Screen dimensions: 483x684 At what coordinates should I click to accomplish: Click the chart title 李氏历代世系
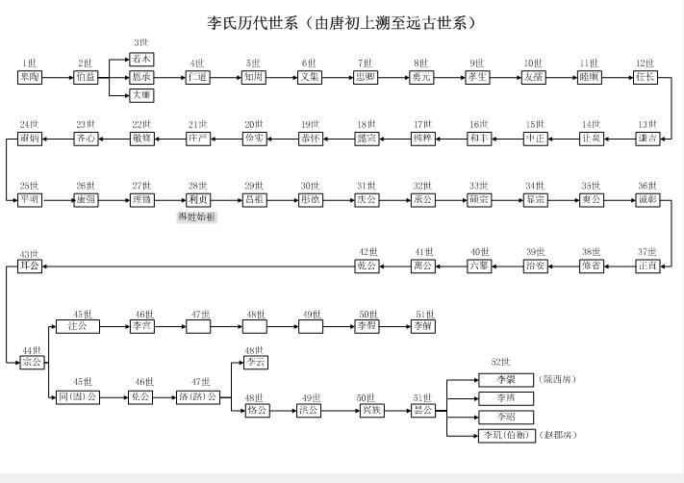[342, 22]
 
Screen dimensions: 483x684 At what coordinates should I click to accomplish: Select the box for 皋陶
[30, 76]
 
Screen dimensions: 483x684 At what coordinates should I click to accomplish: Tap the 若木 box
[141, 59]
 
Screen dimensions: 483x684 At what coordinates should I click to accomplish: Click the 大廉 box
[141, 94]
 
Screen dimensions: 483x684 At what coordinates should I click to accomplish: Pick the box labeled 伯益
[86, 76]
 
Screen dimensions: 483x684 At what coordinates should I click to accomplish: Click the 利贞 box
[198, 199]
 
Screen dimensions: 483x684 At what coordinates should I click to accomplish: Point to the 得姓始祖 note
[197, 217]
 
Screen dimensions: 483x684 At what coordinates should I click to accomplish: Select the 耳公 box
[30, 266]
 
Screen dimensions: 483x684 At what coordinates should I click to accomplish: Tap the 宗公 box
[31, 362]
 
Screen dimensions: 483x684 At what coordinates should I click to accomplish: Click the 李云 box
[255, 363]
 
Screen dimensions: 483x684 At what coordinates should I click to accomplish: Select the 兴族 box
[367, 410]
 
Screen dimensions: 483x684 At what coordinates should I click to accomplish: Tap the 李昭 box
[505, 417]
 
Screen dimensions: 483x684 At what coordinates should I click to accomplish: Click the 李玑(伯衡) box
[505, 436]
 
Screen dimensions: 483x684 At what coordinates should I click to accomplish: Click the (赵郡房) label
[558, 436]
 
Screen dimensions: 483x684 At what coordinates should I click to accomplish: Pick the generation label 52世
[500, 362]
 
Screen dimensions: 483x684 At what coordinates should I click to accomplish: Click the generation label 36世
[647, 186]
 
